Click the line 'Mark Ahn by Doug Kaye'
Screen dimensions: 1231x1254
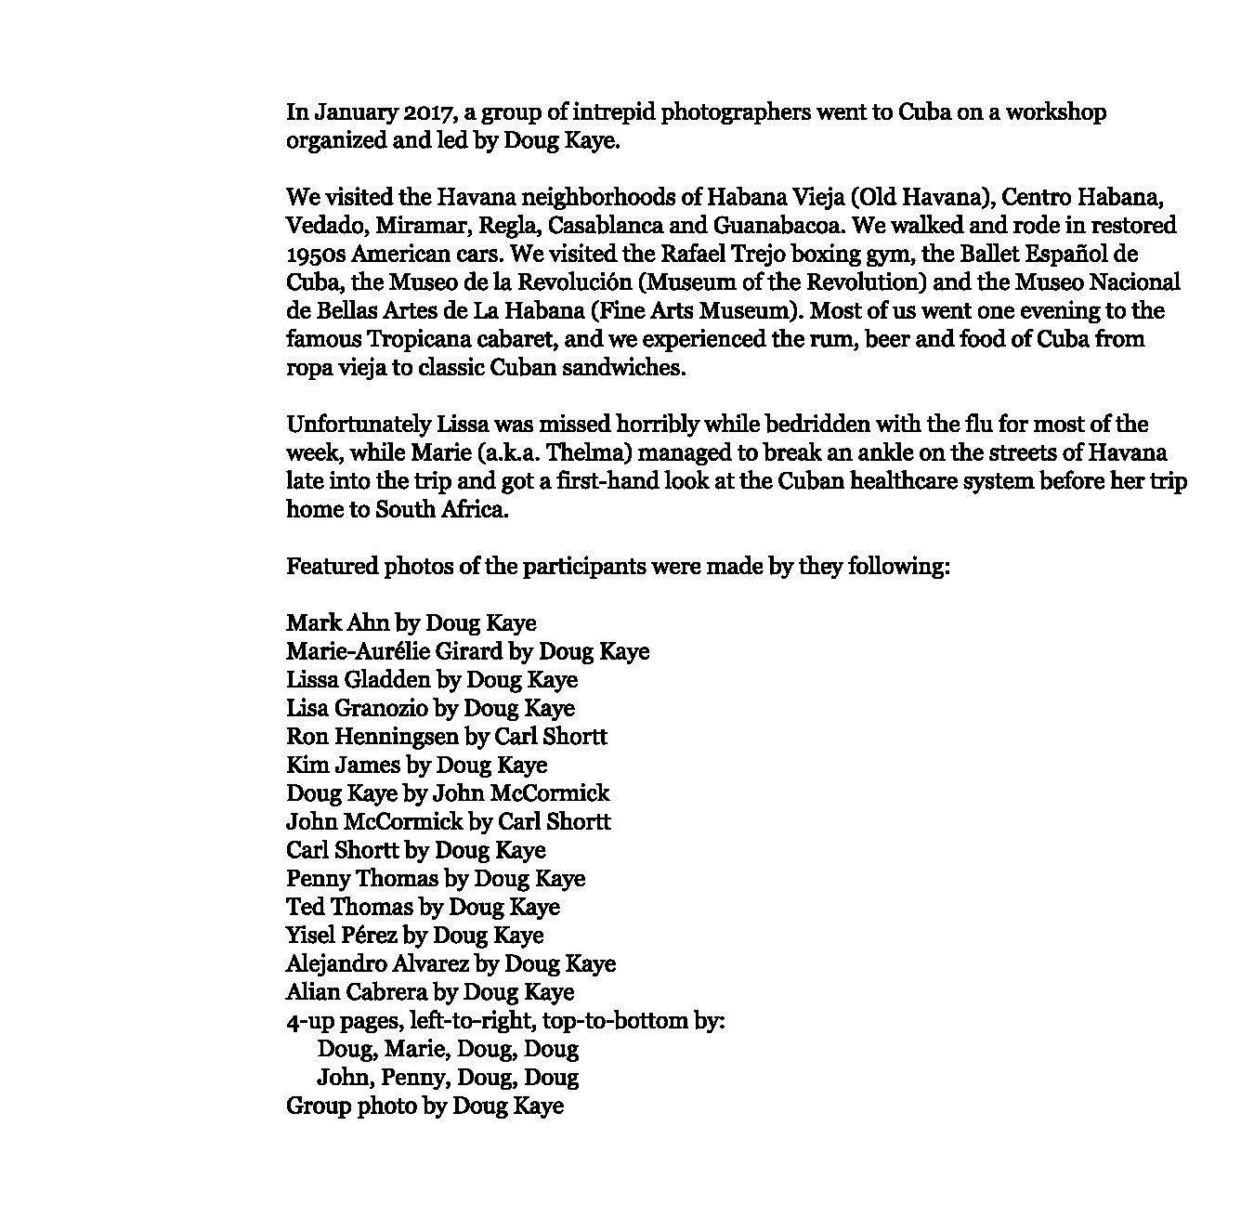(411, 623)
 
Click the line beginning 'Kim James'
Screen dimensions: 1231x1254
(416, 766)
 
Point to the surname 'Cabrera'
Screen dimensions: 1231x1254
(386, 992)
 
